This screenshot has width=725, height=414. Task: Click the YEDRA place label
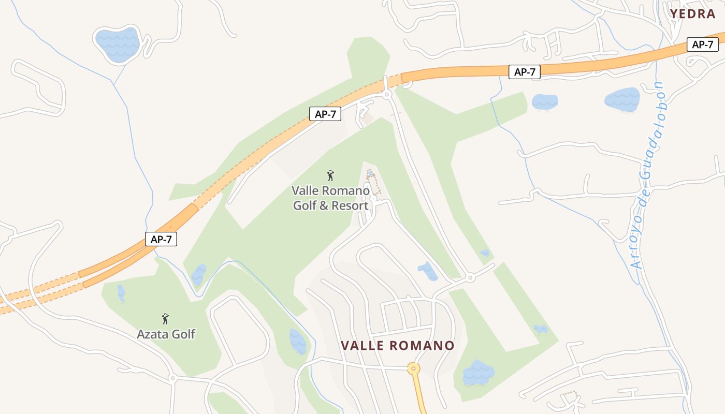(692, 14)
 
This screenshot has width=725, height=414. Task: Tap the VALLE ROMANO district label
(397, 346)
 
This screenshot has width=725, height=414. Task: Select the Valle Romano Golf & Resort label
(331, 198)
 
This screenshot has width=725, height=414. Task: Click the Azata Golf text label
(166, 334)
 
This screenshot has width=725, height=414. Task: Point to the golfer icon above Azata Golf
(165, 318)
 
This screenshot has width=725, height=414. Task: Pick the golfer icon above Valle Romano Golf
(330, 176)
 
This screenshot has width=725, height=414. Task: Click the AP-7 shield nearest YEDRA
(703, 45)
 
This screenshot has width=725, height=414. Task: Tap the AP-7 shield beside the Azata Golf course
(161, 239)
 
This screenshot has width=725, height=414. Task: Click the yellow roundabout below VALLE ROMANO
(413, 369)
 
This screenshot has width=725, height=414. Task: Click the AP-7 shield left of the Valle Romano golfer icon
(325, 114)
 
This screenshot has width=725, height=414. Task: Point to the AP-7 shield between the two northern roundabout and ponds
(525, 72)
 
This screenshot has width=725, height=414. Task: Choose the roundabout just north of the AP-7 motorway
(386, 95)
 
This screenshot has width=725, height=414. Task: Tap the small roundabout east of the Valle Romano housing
(470, 278)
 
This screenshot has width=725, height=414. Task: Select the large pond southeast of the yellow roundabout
(478, 373)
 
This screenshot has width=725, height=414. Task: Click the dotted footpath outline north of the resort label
(373, 181)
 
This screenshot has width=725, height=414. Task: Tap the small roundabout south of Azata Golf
(173, 379)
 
